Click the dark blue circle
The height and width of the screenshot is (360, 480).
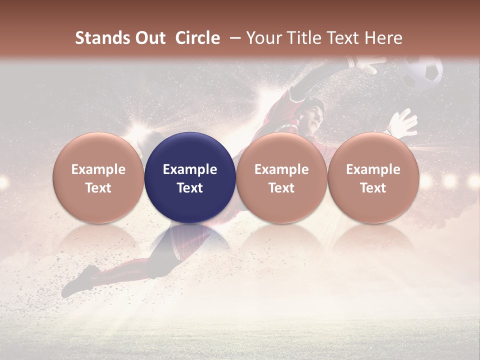pyautogui.click(x=190, y=177)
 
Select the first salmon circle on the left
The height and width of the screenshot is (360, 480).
pyautogui.click(x=98, y=177)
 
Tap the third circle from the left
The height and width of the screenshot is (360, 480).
pyautogui.click(x=281, y=177)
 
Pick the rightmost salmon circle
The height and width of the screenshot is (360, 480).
pyautogui.click(x=373, y=177)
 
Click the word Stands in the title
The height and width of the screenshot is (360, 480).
pyautogui.click(x=101, y=38)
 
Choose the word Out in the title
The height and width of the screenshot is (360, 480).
pyautogui.click(x=149, y=38)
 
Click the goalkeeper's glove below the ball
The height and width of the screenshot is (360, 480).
pyautogui.click(x=404, y=123)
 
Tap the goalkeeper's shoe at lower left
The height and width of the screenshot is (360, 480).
pyautogui.click(x=80, y=280)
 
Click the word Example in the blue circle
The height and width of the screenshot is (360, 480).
pyautogui.click(x=190, y=169)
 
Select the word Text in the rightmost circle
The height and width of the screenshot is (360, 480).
pyautogui.click(x=373, y=188)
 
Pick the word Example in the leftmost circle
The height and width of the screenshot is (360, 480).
pyautogui.click(x=98, y=169)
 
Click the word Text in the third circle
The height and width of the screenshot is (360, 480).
pyautogui.click(x=281, y=188)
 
